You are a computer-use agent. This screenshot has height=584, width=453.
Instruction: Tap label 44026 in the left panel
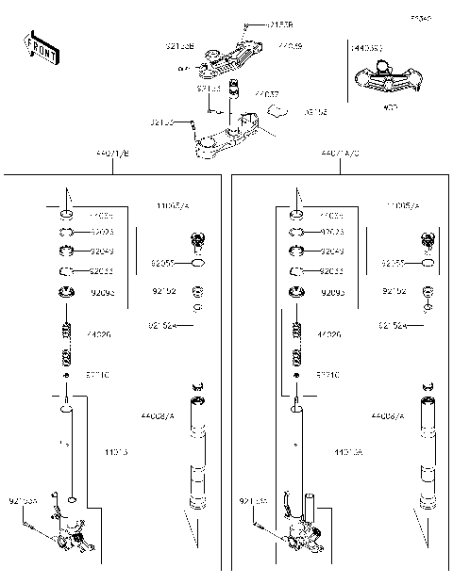click(x=98, y=334)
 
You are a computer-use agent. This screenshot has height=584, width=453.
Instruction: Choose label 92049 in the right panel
click(x=331, y=251)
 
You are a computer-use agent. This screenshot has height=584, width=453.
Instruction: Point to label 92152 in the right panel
click(x=393, y=292)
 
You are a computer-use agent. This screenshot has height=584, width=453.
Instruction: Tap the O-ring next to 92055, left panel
click(x=197, y=265)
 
